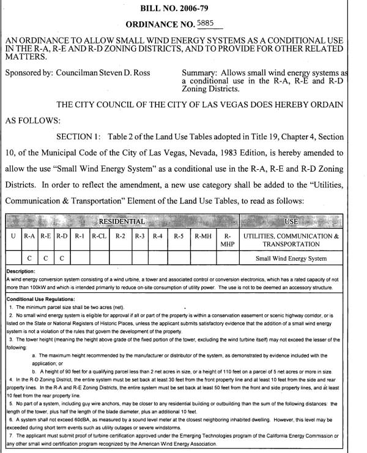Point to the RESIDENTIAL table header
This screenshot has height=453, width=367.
tap(122, 221)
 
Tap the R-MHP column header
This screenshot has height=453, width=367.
tap(227, 240)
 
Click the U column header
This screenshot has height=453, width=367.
tap(13, 235)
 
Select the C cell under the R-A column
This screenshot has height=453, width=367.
tap(29, 258)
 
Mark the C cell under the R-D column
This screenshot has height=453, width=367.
tap(62, 258)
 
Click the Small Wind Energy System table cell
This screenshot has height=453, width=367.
tap(291, 258)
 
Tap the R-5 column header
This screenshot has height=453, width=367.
tap(179, 235)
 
